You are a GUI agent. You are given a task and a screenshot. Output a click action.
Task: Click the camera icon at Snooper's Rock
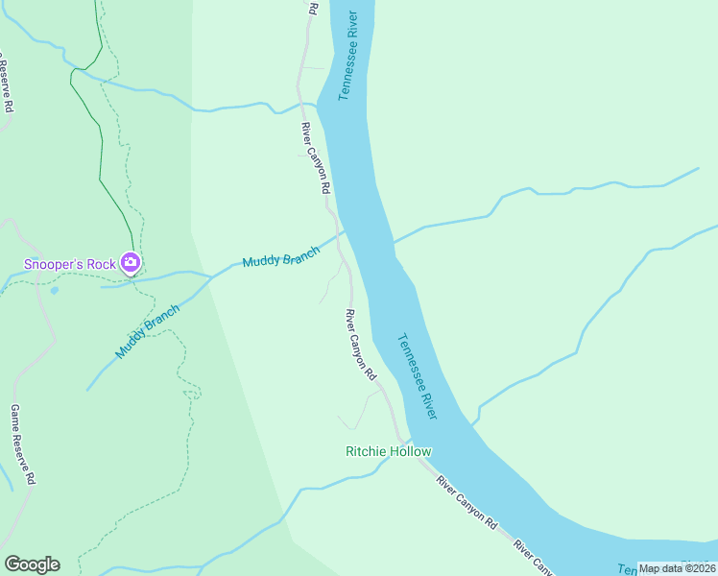tap(131, 262)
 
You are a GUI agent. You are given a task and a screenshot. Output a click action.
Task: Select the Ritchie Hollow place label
tap(389, 451)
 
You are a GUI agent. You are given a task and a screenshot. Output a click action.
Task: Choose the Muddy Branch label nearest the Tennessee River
tap(280, 256)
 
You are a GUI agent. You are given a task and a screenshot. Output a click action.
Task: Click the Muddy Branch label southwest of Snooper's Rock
tap(148, 331)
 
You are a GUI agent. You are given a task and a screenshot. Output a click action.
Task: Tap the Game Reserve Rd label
tap(23, 444)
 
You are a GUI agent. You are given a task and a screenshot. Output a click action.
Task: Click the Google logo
tap(32, 564)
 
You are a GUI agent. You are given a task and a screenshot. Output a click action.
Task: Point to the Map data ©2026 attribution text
tap(677, 568)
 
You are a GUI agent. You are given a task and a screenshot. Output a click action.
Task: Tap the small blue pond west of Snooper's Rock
tap(54, 289)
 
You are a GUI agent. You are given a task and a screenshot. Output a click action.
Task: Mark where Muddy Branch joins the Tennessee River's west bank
tap(344, 231)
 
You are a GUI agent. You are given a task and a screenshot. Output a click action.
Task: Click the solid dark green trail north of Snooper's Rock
tap(100, 144)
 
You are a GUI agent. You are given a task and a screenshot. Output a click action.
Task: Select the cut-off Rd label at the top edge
tap(313, 7)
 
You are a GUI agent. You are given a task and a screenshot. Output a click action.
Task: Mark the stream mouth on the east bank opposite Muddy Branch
tap(394, 241)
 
